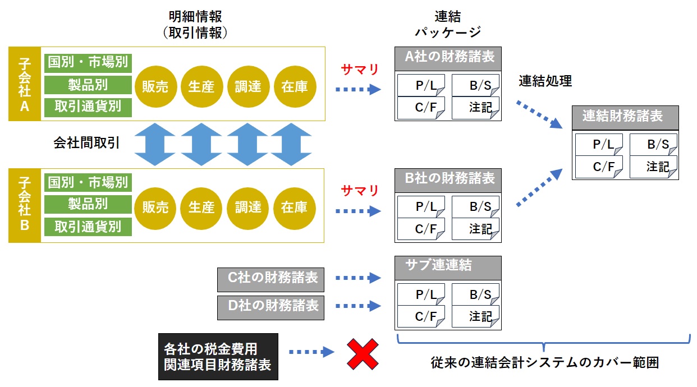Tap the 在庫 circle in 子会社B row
[x=294, y=207]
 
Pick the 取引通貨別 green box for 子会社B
[x=88, y=227]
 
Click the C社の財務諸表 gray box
[x=270, y=278]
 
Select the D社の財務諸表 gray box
[x=270, y=306]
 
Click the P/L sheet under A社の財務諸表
[x=422, y=85]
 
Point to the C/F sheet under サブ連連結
[x=422, y=316]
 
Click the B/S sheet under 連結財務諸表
[x=653, y=145]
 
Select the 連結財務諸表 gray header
[x=625, y=117]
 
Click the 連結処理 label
[x=545, y=81]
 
